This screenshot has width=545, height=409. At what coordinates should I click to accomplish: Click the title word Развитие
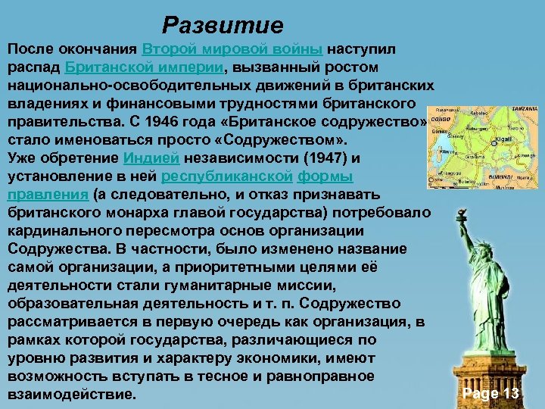tap(223, 26)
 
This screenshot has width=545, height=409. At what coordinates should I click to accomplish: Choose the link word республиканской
tap(228, 176)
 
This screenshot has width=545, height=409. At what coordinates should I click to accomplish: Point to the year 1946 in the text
tap(164, 122)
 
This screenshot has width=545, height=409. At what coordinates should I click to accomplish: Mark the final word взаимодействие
tap(71, 395)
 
